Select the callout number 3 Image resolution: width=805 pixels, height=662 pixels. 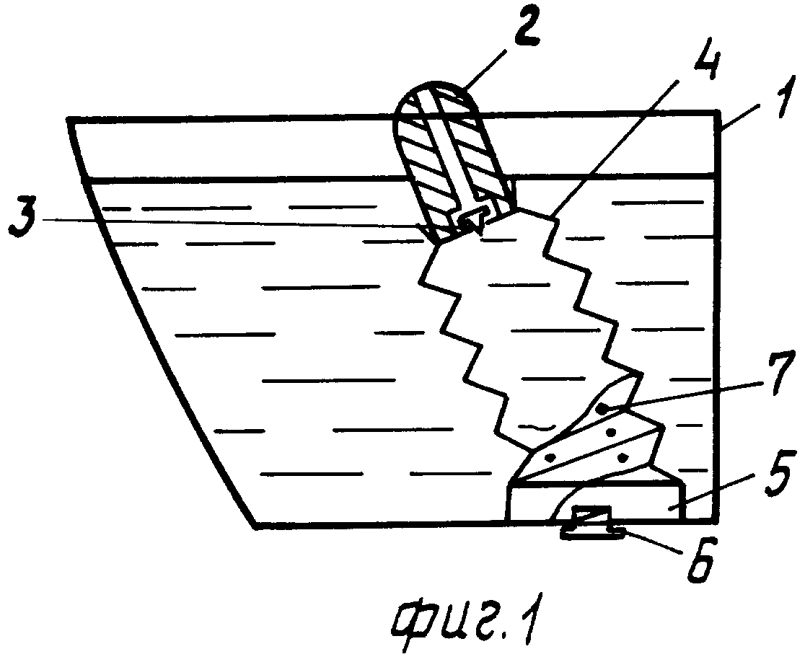click(x=22, y=217)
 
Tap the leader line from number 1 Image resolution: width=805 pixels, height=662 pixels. click(x=742, y=116)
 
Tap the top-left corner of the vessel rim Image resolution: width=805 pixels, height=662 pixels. click(x=68, y=120)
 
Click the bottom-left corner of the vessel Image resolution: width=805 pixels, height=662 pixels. click(x=255, y=525)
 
